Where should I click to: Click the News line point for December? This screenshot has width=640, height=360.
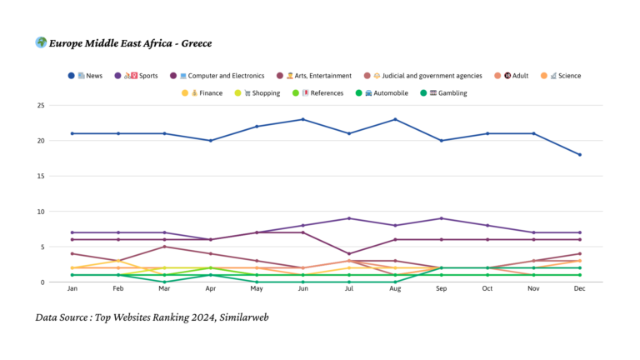pos(580,155)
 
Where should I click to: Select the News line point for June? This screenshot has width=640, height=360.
pos(303,119)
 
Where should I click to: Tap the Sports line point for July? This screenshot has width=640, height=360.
pos(349,218)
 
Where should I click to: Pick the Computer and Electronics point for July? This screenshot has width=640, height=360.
pos(349,253)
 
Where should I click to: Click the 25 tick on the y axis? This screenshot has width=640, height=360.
pos(40,105)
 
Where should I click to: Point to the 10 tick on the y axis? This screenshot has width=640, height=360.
pos(40,212)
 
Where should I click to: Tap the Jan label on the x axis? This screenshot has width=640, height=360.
pos(72,289)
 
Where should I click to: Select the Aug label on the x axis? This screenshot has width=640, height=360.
pos(396,289)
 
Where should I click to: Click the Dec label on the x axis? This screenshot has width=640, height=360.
pos(580,289)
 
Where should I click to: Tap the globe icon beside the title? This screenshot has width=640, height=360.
pos(41,42)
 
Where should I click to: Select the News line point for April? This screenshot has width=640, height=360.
pos(211,141)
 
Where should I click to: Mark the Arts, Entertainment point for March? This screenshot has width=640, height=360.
pos(165,247)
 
